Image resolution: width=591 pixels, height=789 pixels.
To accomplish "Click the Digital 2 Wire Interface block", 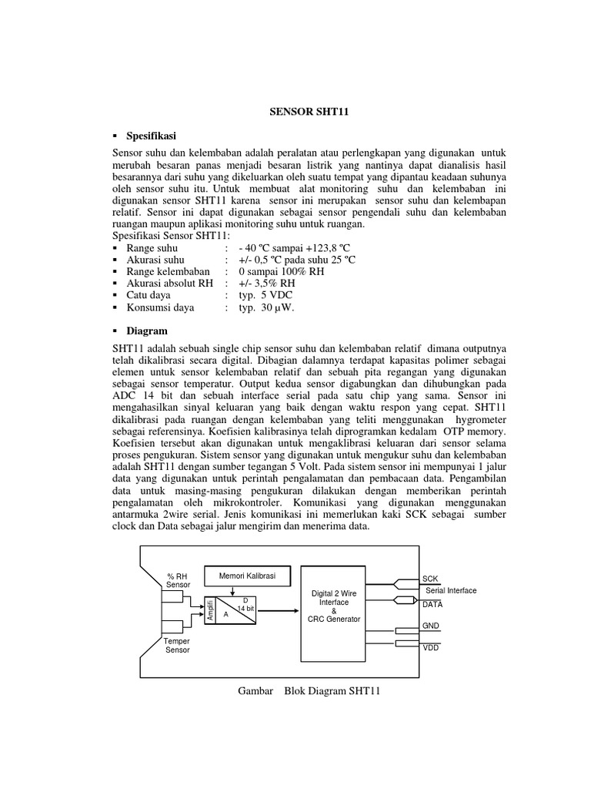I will [x=333, y=606].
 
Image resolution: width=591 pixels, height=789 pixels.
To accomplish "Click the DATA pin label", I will [x=432, y=605].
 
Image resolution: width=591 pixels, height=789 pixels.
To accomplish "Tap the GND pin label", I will [x=431, y=626].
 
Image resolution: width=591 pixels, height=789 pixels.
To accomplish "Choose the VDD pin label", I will [x=431, y=648].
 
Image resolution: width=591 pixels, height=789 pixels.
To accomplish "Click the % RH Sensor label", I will [x=178, y=580].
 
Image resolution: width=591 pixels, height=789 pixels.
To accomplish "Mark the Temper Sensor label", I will [x=177, y=646].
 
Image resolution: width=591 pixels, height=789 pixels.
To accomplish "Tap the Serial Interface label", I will [x=451, y=591].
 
